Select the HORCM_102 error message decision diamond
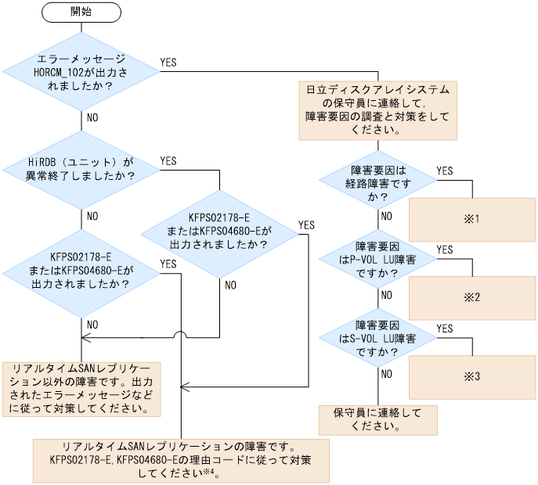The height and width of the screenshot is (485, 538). click(81, 72)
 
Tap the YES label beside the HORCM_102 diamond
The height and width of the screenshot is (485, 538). click(168, 61)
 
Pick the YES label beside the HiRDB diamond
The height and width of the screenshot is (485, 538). click(168, 160)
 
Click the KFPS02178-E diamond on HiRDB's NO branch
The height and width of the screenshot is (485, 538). click(81, 270)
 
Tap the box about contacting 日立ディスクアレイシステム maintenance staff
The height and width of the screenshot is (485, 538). click(377, 110)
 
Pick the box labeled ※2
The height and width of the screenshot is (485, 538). click(471, 297)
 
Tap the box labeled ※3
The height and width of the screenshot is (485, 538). click(471, 376)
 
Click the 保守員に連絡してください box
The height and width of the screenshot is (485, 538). click(377, 419)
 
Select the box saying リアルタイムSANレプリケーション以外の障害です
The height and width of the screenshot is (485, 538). click(82, 389)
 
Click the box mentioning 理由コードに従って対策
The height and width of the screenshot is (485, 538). click(180, 460)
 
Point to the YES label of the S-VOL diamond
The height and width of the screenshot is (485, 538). click(444, 329)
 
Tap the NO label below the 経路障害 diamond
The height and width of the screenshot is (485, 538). click(386, 216)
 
